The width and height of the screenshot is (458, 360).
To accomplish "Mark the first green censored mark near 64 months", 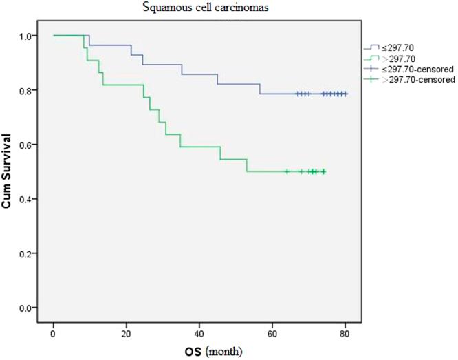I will [287, 171].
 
